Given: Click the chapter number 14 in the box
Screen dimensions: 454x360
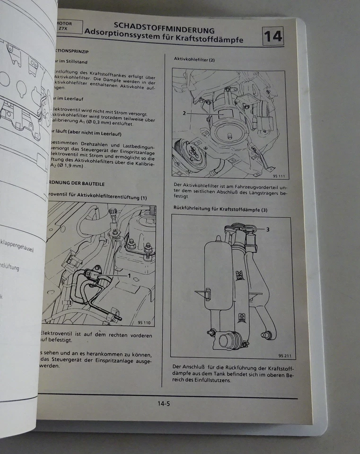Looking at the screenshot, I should [x=272, y=37].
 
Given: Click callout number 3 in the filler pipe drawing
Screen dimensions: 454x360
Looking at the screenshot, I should [x=267, y=230].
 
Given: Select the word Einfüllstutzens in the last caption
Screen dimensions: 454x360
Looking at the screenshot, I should [x=213, y=380].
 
